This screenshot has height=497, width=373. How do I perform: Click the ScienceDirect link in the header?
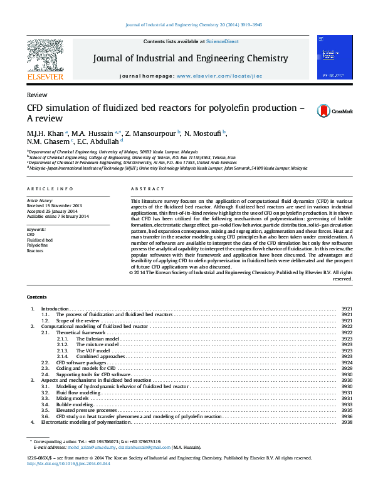click(x=223, y=41)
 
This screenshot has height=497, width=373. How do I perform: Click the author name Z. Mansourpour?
click(x=150, y=133)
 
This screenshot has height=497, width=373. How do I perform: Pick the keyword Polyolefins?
click(x=37, y=245)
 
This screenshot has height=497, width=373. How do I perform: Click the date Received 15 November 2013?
click(x=54, y=205)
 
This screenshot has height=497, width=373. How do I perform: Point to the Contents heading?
click(x=37, y=296)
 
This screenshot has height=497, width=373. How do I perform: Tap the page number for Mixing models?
click(x=346, y=398)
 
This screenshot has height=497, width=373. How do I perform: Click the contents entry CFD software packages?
click(x=81, y=362)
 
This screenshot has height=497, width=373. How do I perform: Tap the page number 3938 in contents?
click(x=346, y=422)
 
